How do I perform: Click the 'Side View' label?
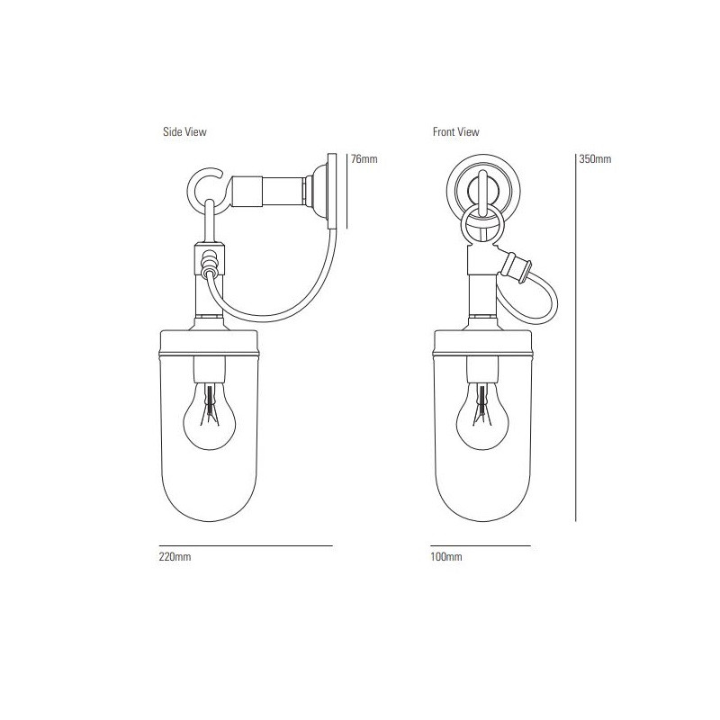pos(184,131)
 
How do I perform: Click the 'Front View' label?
pos(455,131)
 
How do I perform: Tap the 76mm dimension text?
pos(364,159)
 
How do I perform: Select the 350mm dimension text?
pos(595,159)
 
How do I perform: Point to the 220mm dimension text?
pos(175,558)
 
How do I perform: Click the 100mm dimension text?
pos(446,558)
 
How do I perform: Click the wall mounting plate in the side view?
pos(334,189)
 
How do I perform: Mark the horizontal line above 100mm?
pos(481,545)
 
